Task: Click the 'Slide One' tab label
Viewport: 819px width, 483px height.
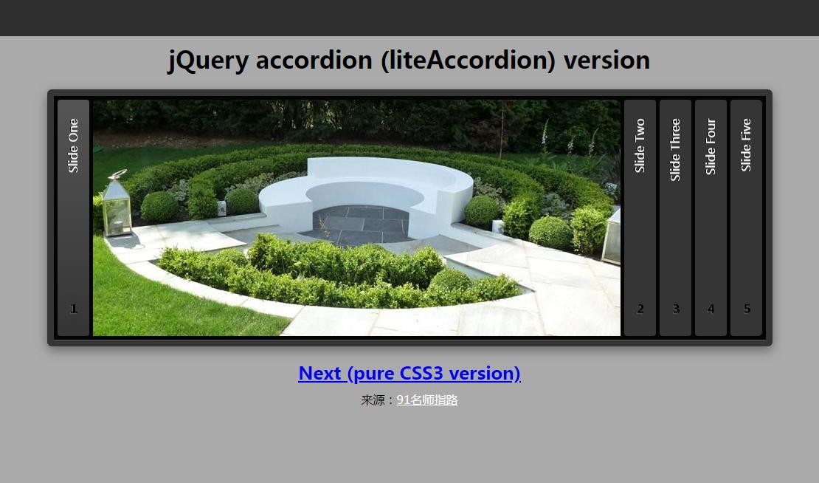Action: pyautogui.click(x=73, y=145)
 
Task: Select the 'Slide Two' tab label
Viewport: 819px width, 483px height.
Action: pyautogui.click(x=640, y=145)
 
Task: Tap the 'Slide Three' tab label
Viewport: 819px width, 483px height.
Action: pyautogui.click(x=675, y=149)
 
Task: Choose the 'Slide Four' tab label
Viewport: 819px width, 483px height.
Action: pyautogui.click(x=711, y=146)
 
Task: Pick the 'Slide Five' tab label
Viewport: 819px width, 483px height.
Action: pyautogui.click(x=746, y=145)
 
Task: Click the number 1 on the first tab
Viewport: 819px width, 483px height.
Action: pyautogui.click(x=74, y=309)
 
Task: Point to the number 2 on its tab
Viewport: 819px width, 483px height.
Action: pyautogui.click(x=640, y=309)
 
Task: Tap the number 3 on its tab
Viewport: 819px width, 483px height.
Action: pyautogui.click(x=676, y=309)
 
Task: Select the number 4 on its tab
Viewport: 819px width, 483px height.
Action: pyautogui.click(x=711, y=309)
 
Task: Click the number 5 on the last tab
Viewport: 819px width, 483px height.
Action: pyautogui.click(x=747, y=309)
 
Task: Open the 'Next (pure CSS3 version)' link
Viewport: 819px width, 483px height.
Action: pyautogui.click(x=409, y=374)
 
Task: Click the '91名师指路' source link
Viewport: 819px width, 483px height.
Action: pyautogui.click(x=427, y=400)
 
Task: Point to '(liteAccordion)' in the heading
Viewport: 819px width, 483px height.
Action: pyautogui.click(x=468, y=61)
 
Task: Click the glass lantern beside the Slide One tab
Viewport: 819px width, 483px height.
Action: pyautogui.click(x=116, y=203)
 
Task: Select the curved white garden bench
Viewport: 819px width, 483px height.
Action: pyautogui.click(x=366, y=193)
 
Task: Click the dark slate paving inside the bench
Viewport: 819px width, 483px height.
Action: pyautogui.click(x=360, y=224)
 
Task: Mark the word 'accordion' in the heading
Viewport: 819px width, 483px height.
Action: pyautogui.click(x=314, y=60)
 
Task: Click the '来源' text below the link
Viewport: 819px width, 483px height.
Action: pyautogui.click(x=373, y=400)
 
